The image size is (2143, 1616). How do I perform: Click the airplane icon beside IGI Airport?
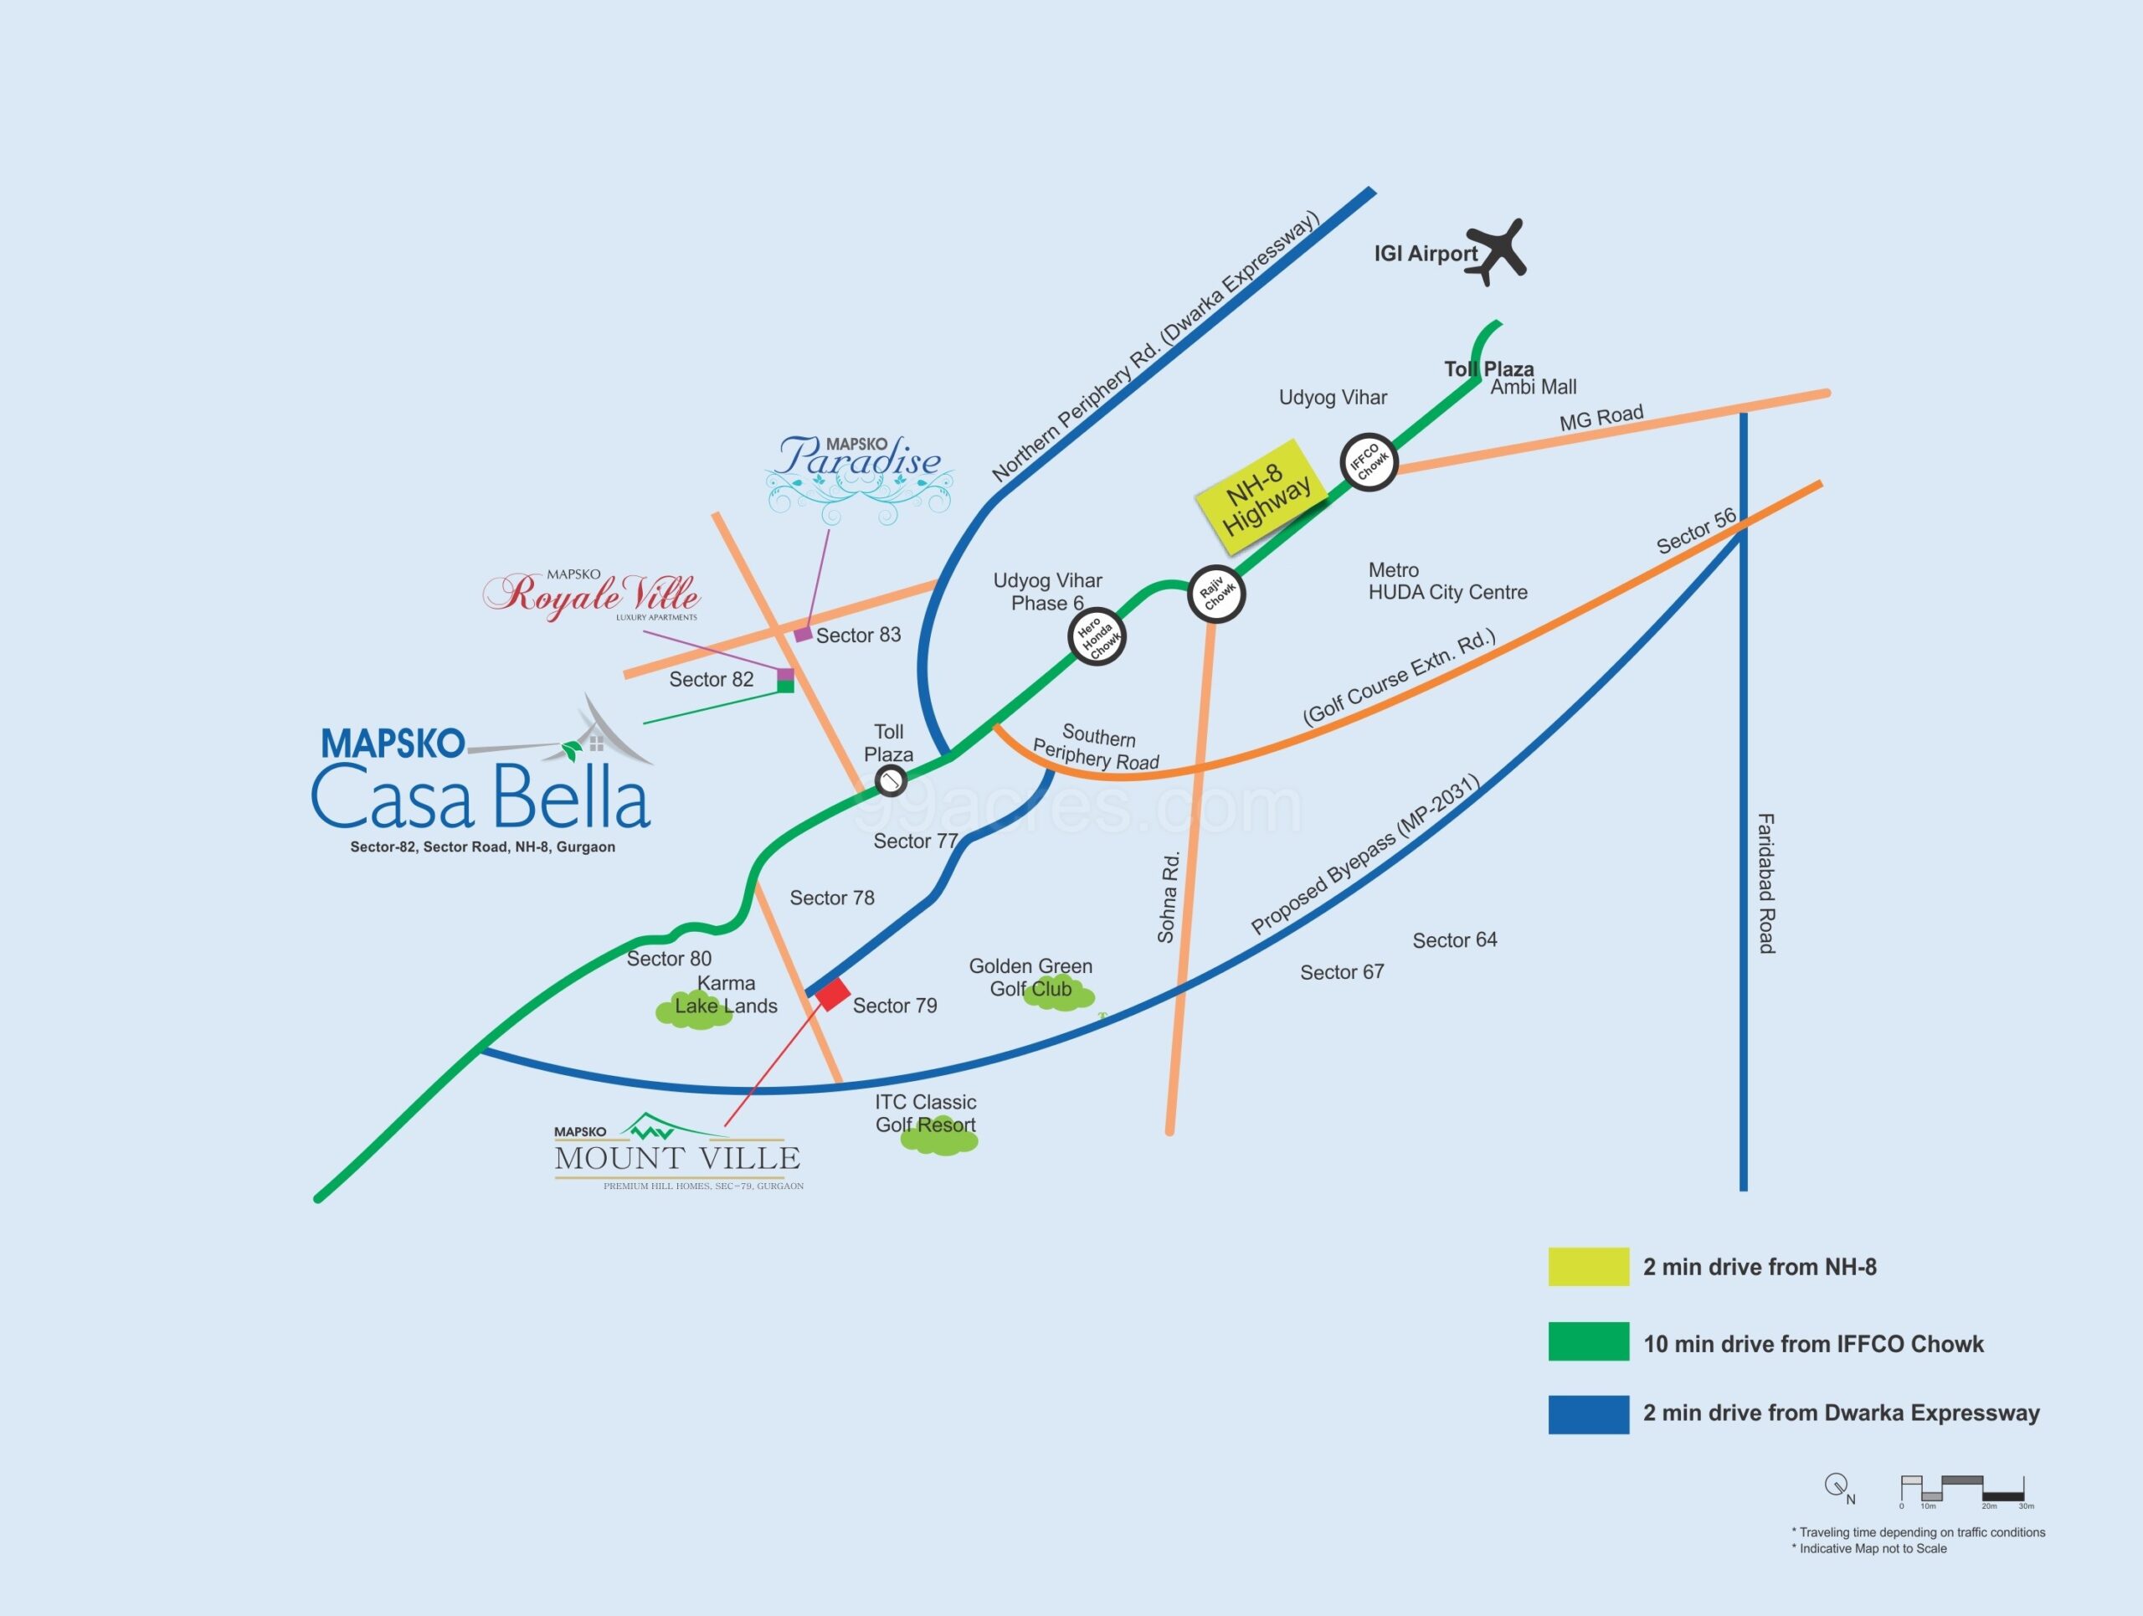[x=1497, y=251]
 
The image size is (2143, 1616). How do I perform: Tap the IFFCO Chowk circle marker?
[x=1368, y=462]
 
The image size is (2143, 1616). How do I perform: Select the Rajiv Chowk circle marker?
[x=1215, y=594]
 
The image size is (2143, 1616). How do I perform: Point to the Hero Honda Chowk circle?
[x=1097, y=636]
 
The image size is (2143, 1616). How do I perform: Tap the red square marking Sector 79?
[x=832, y=994]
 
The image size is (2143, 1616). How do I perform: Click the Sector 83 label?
[x=858, y=636]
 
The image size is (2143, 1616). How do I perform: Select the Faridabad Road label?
[x=1766, y=883]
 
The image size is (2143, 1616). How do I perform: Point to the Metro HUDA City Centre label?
[x=1447, y=581]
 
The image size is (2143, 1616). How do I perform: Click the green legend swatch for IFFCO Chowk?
[x=1588, y=1342]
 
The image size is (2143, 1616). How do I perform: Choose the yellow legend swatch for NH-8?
[x=1588, y=1266]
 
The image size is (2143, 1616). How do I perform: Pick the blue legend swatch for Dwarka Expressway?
[x=1588, y=1414]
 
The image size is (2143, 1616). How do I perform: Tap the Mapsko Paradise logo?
[x=860, y=475]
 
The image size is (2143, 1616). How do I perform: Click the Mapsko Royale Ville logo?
[x=592, y=594]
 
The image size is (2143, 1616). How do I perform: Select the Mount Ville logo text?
[x=677, y=1157]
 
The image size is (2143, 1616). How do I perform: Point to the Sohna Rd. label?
[x=1169, y=896]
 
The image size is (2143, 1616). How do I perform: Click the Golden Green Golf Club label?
[x=1030, y=977]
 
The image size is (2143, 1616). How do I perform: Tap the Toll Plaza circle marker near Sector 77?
[x=891, y=780]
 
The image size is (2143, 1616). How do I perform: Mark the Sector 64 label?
[x=1454, y=939]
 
